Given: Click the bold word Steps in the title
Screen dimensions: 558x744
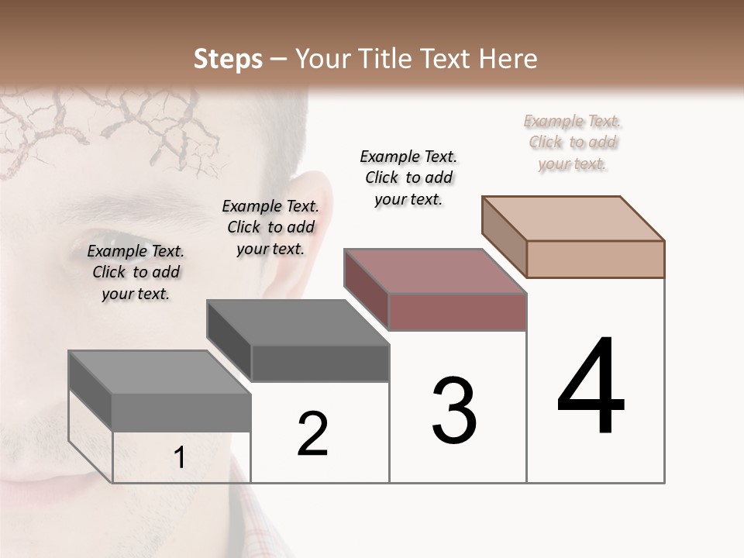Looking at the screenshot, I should click(x=228, y=59).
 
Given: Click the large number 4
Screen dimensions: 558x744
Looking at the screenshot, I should click(x=591, y=387).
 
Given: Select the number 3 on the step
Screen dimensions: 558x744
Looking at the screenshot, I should click(x=454, y=411).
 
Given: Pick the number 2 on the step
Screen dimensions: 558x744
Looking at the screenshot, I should click(x=313, y=434).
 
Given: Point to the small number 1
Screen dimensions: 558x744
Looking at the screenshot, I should click(x=180, y=458).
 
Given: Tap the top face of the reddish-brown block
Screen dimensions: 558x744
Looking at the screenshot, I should click(x=435, y=271).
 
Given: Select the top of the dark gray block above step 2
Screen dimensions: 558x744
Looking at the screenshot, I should click(x=298, y=322).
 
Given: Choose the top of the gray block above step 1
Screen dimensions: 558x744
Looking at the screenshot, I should click(x=160, y=372).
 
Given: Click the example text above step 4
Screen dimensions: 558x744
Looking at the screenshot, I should click(x=573, y=142).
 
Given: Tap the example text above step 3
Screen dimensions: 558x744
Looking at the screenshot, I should click(x=408, y=177).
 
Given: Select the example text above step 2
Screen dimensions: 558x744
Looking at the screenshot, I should click(x=270, y=227).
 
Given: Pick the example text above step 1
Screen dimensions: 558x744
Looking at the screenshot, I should click(x=136, y=272).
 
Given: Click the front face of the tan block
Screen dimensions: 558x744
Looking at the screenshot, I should click(x=595, y=259).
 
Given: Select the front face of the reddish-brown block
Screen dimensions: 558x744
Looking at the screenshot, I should click(x=457, y=312).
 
